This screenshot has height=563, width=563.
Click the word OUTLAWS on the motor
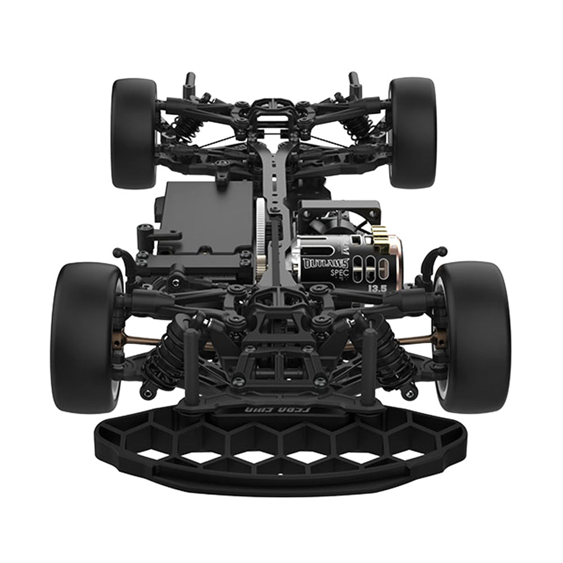tap(326, 263)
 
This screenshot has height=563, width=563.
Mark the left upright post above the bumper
tap(192, 366)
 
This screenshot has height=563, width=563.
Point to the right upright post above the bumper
tap(370, 366)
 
